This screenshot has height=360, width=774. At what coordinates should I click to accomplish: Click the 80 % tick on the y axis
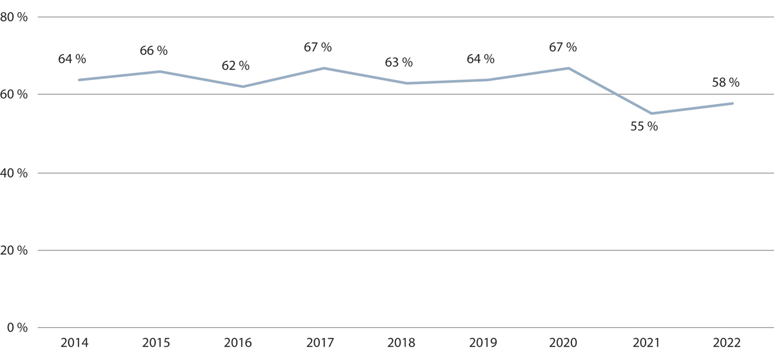[x=14, y=18]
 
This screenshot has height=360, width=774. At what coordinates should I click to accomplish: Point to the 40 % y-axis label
[x=14, y=173]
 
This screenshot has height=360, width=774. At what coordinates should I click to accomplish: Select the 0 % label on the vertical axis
[x=17, y=328]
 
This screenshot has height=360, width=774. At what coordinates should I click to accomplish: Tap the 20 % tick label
[x=14, y=250]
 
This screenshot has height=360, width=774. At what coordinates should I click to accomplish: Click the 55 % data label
[x=644, y=127]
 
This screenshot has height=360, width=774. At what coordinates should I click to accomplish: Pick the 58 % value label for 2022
[x=726, y=83]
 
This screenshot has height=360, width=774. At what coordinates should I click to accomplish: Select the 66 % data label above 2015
[x=154, y=51]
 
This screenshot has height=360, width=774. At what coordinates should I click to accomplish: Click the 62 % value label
[x=235, y=66]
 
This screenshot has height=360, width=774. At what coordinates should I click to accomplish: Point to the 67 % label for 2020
[x=562, y=48]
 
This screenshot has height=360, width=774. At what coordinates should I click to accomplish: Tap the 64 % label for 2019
[x=481, y=59]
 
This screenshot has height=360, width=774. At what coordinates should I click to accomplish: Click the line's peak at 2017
[x=324, y=68]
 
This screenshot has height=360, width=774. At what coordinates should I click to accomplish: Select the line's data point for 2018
[x=406, y=83]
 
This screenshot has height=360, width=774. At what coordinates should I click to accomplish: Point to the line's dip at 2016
[x=242, y=86]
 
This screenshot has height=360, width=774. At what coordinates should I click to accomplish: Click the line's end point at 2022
[x=733, y=103]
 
